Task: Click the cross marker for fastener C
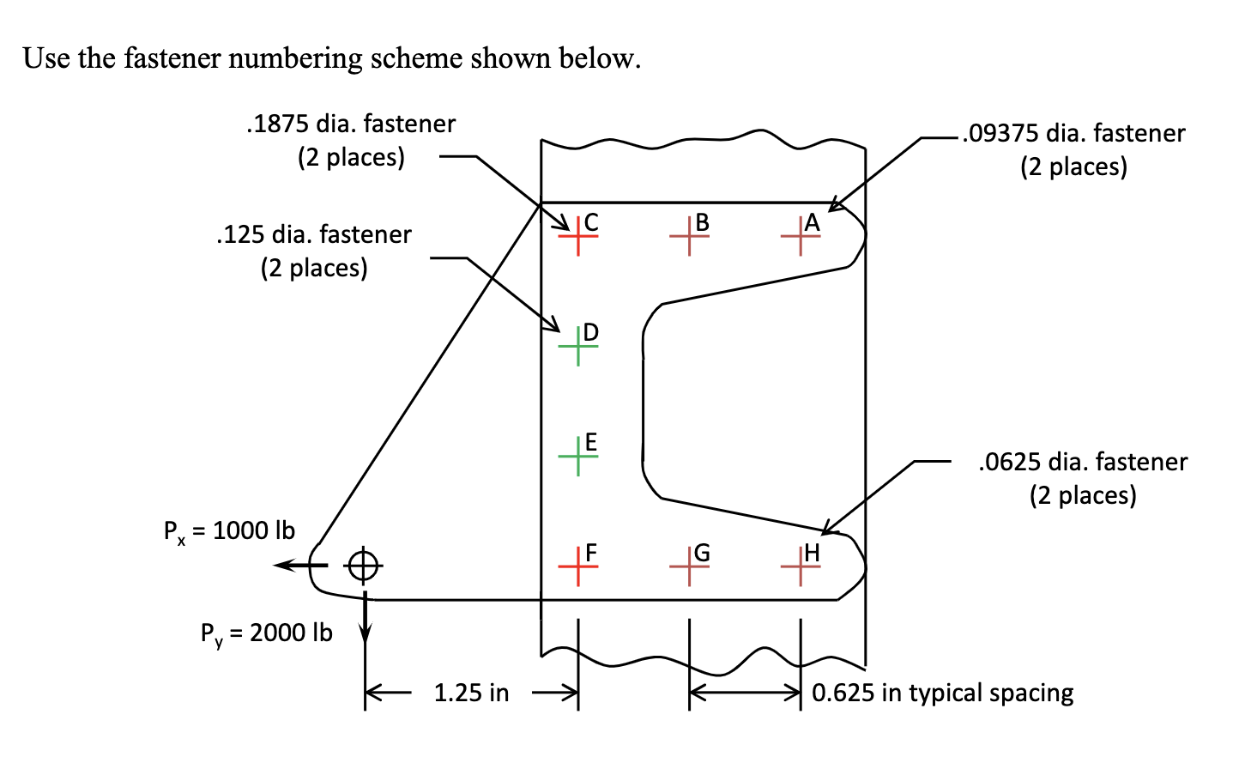pos(577,234)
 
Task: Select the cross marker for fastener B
pos(689,234)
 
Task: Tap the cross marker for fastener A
pos(801,234)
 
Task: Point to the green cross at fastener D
pos(577,345)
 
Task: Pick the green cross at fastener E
pos(577,456)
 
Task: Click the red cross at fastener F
pos(577,566)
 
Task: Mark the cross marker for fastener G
pos(689,566)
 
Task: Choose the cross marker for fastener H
pos(801,566)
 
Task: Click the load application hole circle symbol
pos(363,565)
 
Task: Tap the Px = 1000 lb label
pos(229,531)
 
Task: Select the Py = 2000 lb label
pos(266,633)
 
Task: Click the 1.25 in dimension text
pos(471,693)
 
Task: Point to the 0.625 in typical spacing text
pos(942,693)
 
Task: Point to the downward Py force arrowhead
pos(365,633)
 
